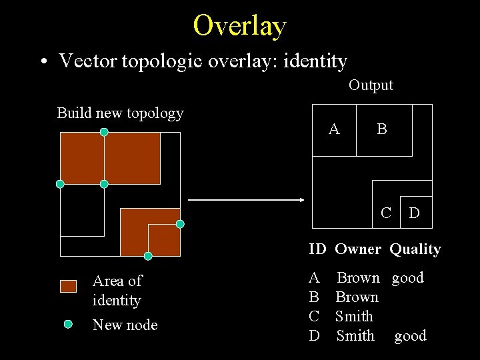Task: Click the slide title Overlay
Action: tap(239, 25)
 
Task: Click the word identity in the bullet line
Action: tap(315, 61)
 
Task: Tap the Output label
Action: tap(371, 85)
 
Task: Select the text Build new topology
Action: tap(120, 113)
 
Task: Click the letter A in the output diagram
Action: tap(334, 129)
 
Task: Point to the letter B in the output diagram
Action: tap(381, 129)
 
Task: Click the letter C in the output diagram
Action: tap(385, 213)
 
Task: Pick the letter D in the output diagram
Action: tap(414, 213)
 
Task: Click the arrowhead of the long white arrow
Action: tap(301, 200)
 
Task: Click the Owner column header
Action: tap(357, 249)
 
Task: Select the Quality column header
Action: tap(415, 249)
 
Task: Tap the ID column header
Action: tap(317, 249)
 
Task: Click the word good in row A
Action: tap(407, 278)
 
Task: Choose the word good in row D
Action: tap(410, 336)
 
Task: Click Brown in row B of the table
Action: tap(357, 297)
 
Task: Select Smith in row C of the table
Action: tap(354, 317)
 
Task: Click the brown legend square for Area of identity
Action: tap(69, 286)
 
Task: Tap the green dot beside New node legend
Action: tap(68, 324)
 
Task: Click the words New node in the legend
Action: tap(125, 325)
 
